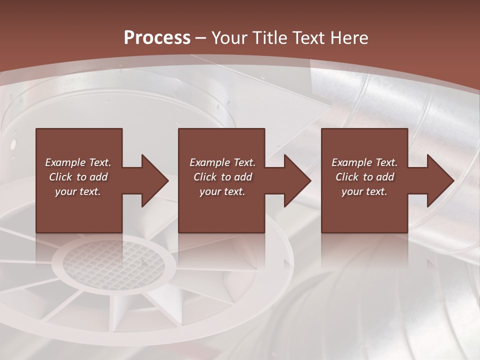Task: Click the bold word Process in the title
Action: (157, 38)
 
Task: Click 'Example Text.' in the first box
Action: (78, 162)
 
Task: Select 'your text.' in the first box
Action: (78, 191)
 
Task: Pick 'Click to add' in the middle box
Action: (222, 177)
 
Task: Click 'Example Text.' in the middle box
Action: (222, 162)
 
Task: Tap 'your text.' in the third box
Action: (364, 191)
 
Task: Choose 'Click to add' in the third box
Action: (364, 177)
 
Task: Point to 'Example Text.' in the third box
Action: (364, 162)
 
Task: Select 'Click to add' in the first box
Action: (78, 177)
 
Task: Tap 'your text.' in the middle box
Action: (222, 191)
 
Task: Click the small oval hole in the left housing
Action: (13, 145)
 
